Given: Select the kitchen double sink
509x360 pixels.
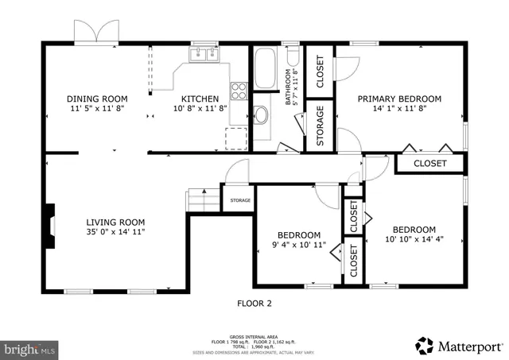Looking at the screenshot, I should tap(204, 55).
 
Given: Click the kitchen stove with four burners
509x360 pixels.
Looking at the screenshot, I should tap(239, 90).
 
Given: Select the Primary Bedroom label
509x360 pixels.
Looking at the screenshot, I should tap(398, 99).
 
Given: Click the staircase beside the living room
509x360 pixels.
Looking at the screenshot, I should tap(202, 199).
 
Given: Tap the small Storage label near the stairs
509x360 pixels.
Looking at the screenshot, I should tap(240, 200).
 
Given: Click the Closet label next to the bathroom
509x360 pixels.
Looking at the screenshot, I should tap(320, 72).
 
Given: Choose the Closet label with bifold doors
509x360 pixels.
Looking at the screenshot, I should tap(429, 164).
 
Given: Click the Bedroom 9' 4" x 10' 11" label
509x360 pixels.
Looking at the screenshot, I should tap(298, 235).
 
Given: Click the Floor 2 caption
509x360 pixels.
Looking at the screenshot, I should tap(254, 303).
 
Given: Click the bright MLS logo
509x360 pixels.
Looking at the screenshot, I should tap(29, 348).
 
